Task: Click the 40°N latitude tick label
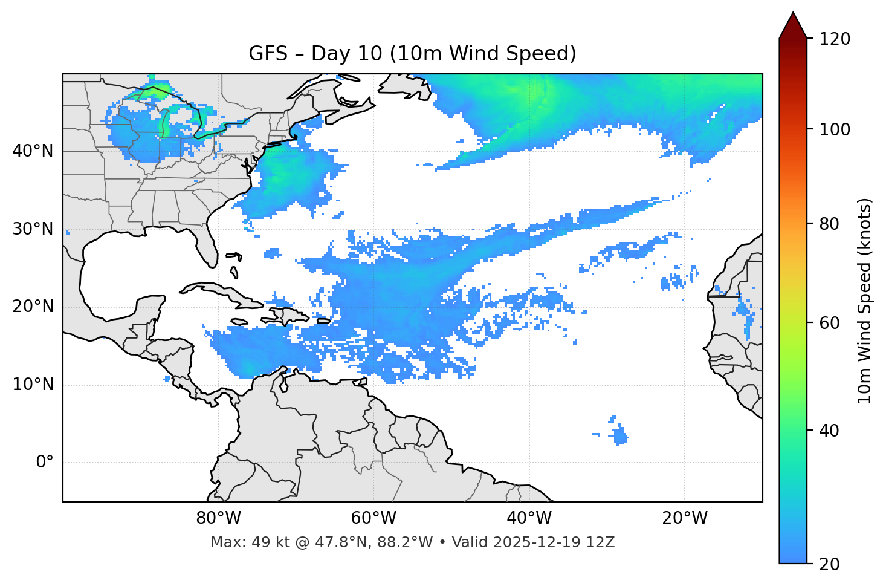point(33,151)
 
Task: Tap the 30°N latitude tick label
point(33,229)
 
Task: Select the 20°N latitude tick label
point(33,307)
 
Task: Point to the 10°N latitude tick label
point(33,385)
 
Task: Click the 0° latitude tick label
point(45,463)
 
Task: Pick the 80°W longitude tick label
point(218,518)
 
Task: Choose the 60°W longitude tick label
point(373,518)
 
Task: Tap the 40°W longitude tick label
point(529,518)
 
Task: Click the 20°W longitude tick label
point(685,518)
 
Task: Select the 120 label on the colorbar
point(835,39)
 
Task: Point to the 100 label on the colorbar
point(835,129)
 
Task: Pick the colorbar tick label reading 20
point(829,564)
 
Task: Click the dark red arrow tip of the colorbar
point(793,24)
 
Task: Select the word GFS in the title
point(268,54)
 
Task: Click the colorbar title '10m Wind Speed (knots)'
point(864,301)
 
